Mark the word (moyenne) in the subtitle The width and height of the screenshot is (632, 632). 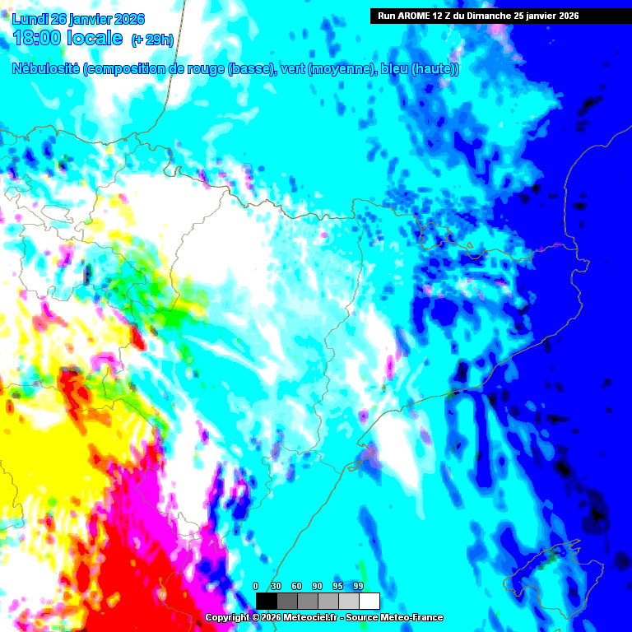click(341, 69)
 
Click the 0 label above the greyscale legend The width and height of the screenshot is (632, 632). click(256, 586)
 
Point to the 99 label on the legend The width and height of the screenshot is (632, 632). click(358, 586)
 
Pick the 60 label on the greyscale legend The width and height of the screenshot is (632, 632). click(297, 586)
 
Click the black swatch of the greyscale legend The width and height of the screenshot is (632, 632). click(266, 601)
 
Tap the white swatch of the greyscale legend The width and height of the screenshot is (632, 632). click(369, 601)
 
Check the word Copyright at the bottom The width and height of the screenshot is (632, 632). click(228, 618)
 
